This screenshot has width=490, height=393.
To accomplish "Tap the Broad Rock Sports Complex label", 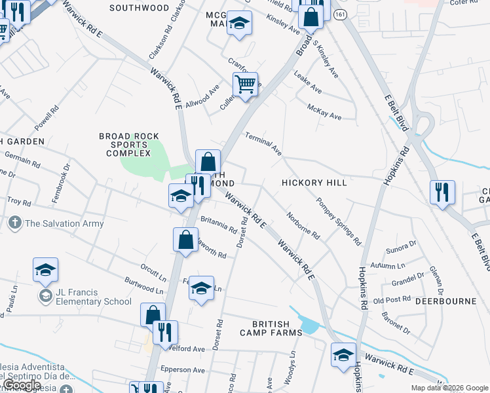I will pyautogui.click(x=129, y=145).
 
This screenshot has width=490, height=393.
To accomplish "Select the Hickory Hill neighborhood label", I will pyautogui.click(x=314, y=183).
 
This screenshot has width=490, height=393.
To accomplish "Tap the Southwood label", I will pyautogui.click(x=139, y=8).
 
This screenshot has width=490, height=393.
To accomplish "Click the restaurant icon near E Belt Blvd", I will pyautogui.click(x=442, y=193).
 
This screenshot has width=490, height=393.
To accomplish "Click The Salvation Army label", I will pyautogui.click(x=64, y=223).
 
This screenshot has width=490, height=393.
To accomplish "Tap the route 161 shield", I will pyautogui.click(x=338, y=14).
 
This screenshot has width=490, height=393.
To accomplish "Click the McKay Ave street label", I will pyautogui.click(x=324, y=111).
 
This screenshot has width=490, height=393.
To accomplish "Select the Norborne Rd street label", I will pyautogui.click(x=303, y=225).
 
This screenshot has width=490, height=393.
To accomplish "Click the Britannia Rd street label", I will pyautogui.click(x=218, y=225).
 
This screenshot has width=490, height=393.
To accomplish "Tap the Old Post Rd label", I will pyautogui.click(x=391, y=300).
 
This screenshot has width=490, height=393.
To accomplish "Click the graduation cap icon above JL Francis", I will pyautogui.click(x=45, y=269).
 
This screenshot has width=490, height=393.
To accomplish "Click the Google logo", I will pyautogui.click(x=22, y=385).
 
